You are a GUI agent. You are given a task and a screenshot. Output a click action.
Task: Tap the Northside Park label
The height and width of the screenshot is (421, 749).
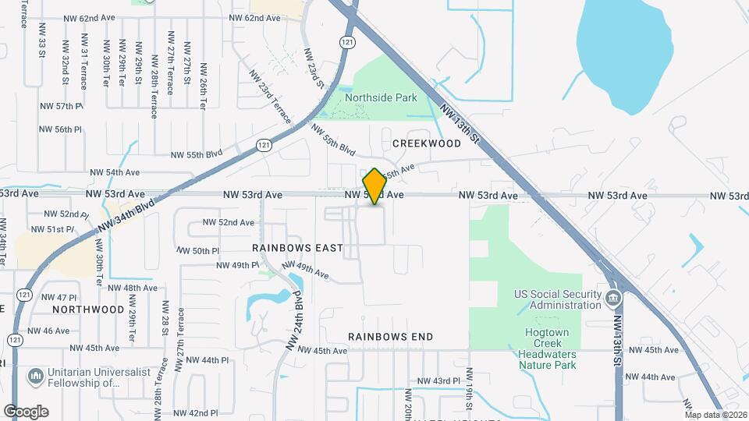[x=382, y=98]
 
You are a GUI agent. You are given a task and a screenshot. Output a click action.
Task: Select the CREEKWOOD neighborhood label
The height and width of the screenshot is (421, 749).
[x=427, y=143]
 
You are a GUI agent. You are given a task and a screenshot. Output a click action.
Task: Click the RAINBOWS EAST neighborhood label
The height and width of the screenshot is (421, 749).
[x=297, y=248]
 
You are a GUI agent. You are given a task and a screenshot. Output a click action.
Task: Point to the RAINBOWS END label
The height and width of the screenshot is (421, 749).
[x=390, y=337]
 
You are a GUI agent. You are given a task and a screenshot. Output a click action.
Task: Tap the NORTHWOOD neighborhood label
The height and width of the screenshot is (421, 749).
[x=88, y=310]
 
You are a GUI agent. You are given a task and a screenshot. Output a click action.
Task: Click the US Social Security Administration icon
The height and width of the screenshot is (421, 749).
[x=613, y=298]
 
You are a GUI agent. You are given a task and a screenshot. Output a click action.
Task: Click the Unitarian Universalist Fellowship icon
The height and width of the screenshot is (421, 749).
[x=35, y=377]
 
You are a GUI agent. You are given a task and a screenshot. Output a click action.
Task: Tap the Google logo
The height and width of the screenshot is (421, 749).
[x=26, y=412]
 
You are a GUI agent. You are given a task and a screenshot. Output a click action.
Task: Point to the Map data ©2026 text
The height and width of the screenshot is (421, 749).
[x=716, y=415]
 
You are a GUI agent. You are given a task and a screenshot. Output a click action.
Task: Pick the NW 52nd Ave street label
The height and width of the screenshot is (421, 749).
[x=229, y=222]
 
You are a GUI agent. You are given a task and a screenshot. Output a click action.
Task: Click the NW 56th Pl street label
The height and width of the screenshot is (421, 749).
[x=63, y=129]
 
